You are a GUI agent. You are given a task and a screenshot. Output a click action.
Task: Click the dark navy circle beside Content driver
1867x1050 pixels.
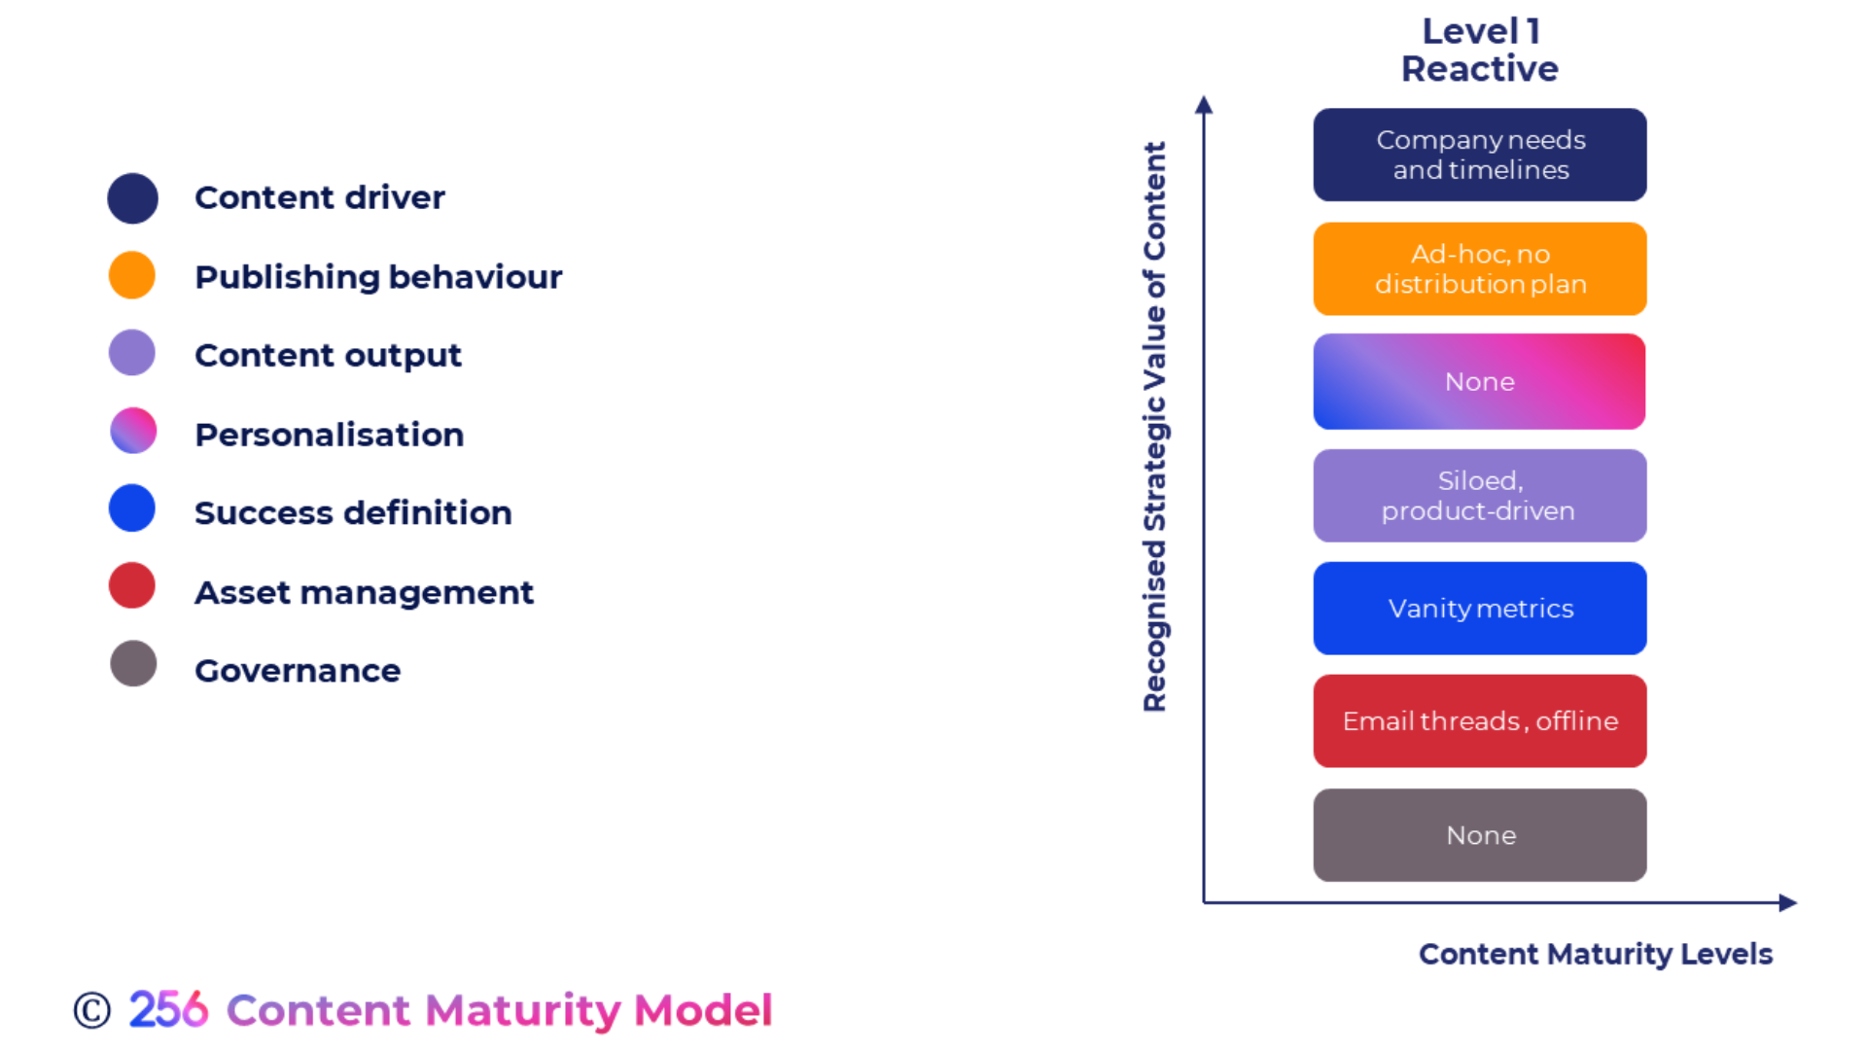132,198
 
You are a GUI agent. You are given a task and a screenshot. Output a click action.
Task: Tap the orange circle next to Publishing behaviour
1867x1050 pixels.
132,275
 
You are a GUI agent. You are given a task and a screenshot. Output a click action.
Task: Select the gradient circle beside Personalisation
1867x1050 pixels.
133,431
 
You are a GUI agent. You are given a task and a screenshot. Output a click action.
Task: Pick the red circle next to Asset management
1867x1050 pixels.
132,585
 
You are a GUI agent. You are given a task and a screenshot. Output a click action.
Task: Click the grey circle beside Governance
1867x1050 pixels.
133,664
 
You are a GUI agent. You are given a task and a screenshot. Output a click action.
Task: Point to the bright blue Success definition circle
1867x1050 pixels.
132,508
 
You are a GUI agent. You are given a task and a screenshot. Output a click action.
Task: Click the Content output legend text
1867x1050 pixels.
328,355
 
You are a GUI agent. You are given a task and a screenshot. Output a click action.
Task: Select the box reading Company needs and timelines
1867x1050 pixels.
1479,155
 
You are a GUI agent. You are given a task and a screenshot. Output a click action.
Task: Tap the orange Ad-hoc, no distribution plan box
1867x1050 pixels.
1479,268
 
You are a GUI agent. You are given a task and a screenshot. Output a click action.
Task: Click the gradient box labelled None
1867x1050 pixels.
1479,381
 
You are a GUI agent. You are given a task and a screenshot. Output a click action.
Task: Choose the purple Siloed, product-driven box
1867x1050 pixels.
1479,495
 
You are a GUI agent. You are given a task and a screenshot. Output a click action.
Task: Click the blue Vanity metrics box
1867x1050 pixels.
1479,608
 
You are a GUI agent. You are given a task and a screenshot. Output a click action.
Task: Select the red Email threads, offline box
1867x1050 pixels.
1479,720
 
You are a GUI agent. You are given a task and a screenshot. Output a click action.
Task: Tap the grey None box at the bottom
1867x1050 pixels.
1479,834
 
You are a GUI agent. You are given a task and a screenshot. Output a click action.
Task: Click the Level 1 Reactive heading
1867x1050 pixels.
1479,51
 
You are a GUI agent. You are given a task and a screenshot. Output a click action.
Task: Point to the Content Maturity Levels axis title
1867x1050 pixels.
1595,954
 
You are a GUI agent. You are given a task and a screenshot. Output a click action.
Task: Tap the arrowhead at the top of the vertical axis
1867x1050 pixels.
1204,104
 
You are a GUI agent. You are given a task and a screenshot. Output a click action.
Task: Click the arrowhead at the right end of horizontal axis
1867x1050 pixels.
1787,902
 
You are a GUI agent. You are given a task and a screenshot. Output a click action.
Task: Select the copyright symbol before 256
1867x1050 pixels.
92,1010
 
